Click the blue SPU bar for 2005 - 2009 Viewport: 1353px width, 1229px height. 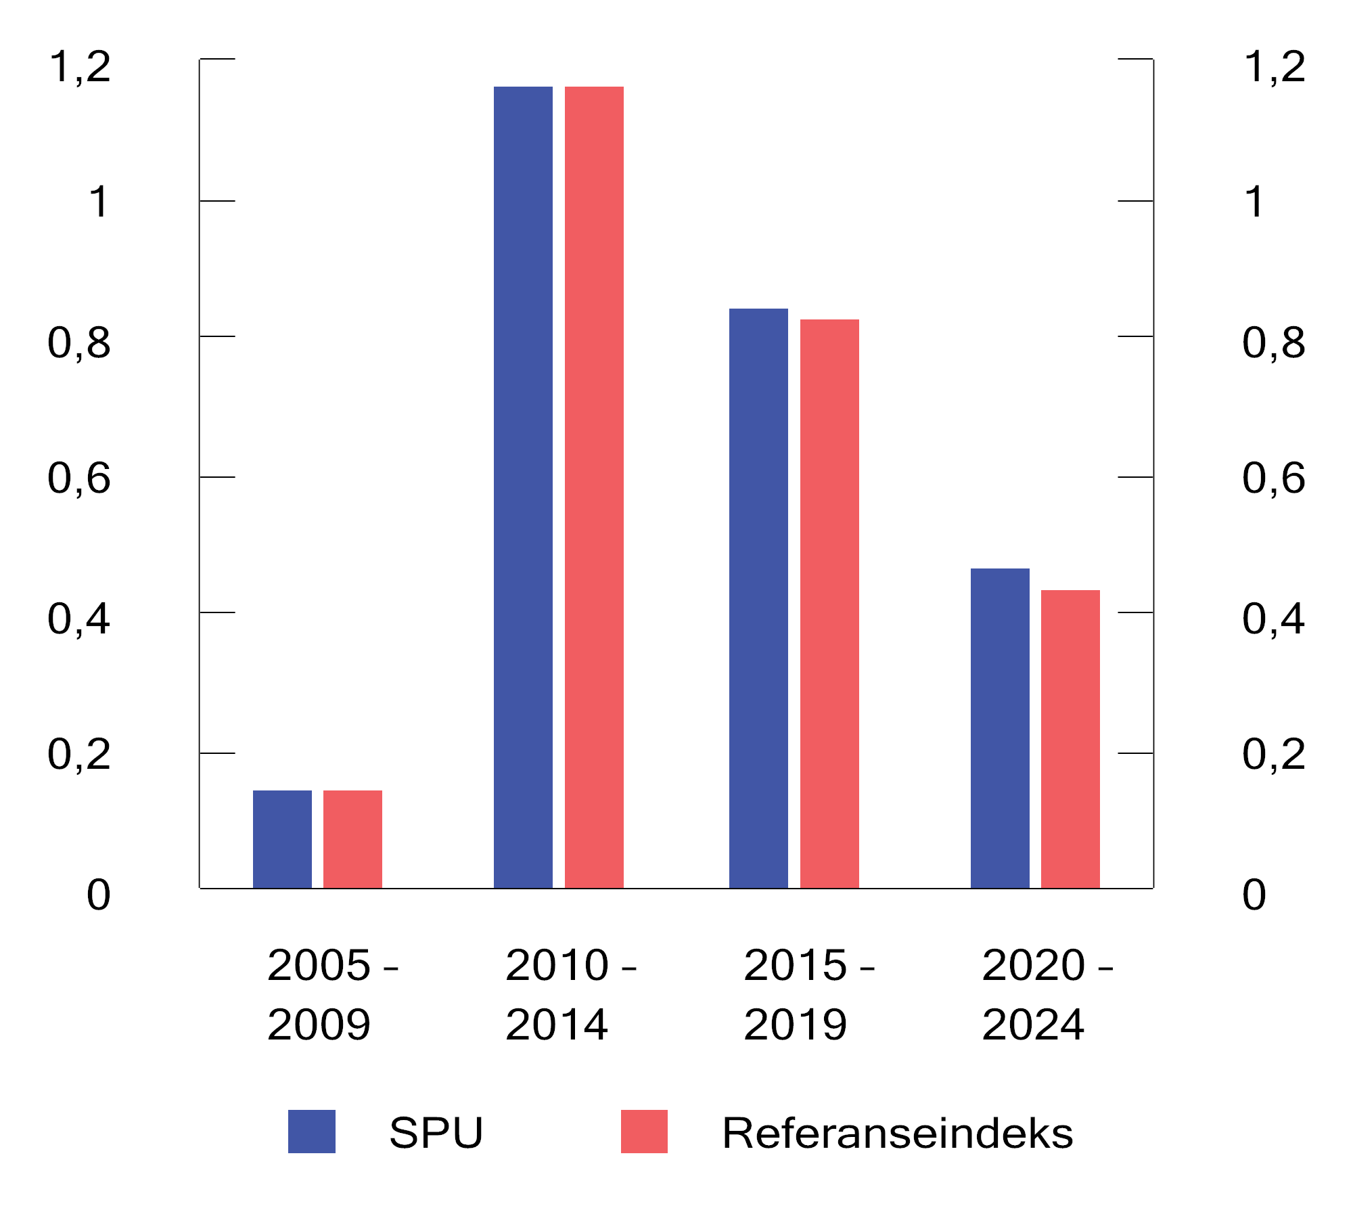282,839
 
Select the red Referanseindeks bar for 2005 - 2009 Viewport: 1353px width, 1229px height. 352,839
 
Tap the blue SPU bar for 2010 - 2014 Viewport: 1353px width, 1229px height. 523,487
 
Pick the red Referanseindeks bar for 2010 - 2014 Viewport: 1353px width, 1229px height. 594,487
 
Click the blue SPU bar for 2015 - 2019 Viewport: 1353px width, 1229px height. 758,598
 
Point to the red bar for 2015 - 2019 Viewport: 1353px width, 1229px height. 829,604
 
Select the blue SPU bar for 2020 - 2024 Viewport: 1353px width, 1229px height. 1000,728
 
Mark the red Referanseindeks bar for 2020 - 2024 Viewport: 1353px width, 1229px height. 1070,739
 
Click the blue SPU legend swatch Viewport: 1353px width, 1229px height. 312,1132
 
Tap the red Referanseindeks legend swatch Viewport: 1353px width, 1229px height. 644,1132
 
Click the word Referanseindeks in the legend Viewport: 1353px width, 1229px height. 897,1133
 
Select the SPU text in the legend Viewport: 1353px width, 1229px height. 436,1133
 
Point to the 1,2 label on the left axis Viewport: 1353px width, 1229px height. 80,67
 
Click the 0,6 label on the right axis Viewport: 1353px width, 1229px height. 1273,478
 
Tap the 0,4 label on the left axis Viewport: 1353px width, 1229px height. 78,619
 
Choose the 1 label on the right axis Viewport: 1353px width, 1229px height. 1254,202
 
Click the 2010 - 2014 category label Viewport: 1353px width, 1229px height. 570,994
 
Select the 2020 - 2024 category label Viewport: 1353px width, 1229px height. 1047,994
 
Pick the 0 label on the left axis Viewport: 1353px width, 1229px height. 99,895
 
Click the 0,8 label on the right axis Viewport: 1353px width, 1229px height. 1273,343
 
